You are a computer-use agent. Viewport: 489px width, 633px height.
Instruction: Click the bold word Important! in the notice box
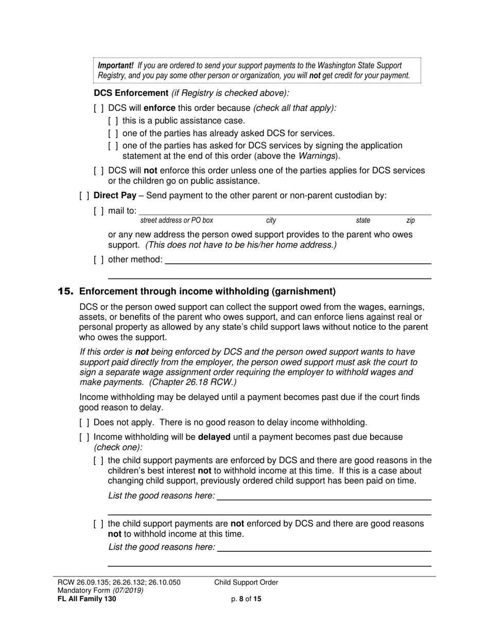click(x=116, y=65)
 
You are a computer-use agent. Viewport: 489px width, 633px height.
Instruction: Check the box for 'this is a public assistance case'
click(x=113, y=121)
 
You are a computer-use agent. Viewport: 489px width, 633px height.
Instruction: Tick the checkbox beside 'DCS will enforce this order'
click(x=99, y=109)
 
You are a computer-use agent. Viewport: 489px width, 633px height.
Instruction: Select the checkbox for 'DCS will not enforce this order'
click(x=99, y=171)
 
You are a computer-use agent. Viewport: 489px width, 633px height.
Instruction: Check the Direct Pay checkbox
click(x=84, y=196)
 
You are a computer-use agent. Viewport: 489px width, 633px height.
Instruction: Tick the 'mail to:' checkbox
click(x=99, y=210)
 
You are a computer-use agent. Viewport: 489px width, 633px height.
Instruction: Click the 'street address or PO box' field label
click(x=177, y=220)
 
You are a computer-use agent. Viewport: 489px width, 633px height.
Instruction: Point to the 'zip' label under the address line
click(x=410, y=220)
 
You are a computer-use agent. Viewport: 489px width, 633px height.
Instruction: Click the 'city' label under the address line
click(x=271, y=220)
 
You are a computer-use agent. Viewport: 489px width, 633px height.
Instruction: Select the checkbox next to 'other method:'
click(x=99, y=259)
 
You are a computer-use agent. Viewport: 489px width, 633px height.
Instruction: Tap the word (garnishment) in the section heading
click(x=304, y=291)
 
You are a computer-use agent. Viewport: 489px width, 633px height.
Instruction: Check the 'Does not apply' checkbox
click(x=84, y=423)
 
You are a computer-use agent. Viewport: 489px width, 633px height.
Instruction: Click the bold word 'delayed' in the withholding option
click(x=214, y=437)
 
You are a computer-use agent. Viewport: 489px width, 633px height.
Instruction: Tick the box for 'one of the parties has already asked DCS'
click(x=113, y=133)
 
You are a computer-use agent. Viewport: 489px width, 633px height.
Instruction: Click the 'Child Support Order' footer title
click(x=246, y=583)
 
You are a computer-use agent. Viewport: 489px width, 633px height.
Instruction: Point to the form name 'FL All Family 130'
click(x=87, y=599)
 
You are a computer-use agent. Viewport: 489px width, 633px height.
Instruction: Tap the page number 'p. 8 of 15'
click(x=247, y=599)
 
